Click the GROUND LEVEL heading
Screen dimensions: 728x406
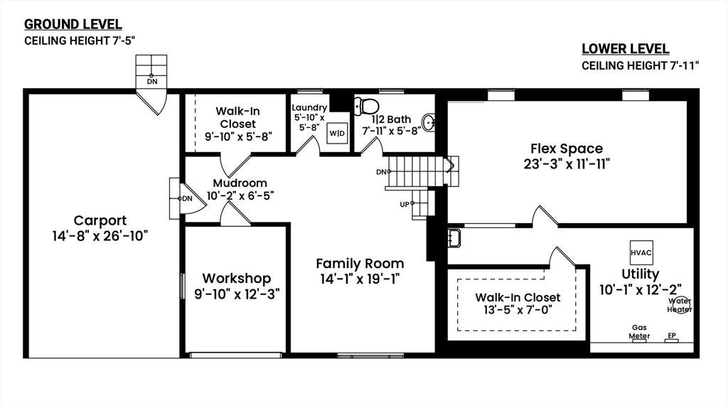click(x=73, y=24)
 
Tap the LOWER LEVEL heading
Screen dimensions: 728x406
click(x=626, y=49)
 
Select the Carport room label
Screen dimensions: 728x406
click(x=100, y=220)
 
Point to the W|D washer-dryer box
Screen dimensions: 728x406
click(x=337, y=134)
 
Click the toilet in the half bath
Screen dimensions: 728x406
click(x=366, y=107)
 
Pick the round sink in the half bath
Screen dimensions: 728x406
click(x=429, y=123)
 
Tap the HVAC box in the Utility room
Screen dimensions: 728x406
click(x=641, y=252)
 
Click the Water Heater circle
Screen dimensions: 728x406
click(x=681, y=305)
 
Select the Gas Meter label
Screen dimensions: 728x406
click(x=639, y=331)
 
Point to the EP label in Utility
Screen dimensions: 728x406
click(x=672, y=336)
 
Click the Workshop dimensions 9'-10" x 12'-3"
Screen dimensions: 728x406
click(x=237, y=294)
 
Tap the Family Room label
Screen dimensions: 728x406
click(x=360, y=263)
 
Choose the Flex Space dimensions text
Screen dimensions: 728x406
click(x=567, y=164)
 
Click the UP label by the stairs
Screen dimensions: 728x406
click(x=405, y=204)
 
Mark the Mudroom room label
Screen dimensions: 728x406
click(x=240, y=183)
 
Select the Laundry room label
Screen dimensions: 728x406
click(x=309, y=108)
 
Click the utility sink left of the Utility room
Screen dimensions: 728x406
click(x=454, y=237)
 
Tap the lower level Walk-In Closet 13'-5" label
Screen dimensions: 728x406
click(x=518, y=304)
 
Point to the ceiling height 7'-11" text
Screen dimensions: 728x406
click(x=641, y=65)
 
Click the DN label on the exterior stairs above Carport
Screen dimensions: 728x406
click(x=152, y=82)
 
